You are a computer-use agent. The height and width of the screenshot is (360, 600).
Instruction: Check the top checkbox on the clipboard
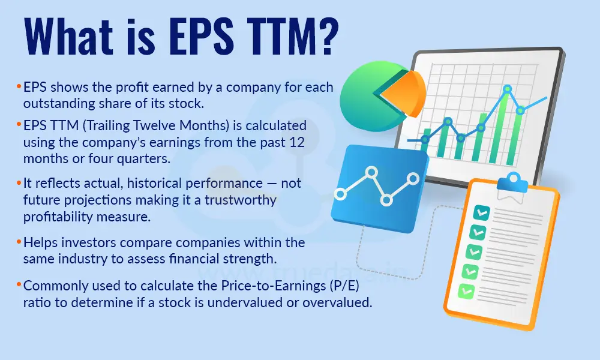coord(481,211)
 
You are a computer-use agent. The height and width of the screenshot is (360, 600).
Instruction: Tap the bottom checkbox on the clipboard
coord(464,291)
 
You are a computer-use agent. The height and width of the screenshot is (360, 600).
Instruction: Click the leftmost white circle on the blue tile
coord(341,194)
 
